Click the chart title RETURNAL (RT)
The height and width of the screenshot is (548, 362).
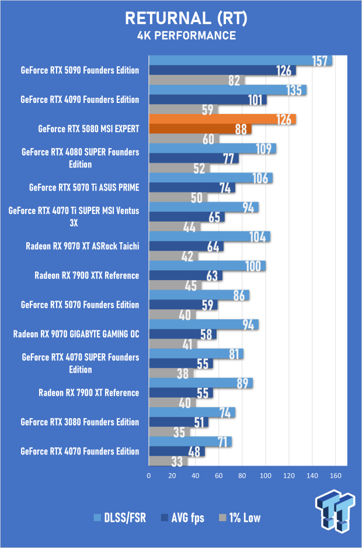186,18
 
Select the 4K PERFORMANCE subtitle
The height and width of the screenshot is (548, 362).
187,36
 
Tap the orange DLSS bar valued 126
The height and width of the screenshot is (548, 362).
222,119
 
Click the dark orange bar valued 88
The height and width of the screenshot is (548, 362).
200,129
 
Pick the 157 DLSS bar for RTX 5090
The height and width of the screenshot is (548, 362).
241,60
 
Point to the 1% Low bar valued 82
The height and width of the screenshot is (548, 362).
197,80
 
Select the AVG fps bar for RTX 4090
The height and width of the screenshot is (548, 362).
208,99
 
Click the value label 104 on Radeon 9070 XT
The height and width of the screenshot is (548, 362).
257,237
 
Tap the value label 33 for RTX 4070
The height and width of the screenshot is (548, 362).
177,461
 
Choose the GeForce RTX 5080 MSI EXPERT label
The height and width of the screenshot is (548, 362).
89,129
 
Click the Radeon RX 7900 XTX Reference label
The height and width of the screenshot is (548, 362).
87,275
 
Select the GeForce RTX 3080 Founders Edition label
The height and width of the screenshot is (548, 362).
80,422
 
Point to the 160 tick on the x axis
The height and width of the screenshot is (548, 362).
336,475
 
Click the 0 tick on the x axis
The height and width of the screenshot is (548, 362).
149,475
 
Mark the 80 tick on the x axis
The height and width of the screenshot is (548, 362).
242,475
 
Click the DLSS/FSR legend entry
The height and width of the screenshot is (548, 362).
120,518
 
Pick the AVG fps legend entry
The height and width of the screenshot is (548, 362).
183,518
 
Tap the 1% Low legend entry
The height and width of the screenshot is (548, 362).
239,518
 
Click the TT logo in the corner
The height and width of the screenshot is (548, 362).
335,511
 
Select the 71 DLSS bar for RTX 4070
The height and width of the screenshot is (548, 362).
190,442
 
